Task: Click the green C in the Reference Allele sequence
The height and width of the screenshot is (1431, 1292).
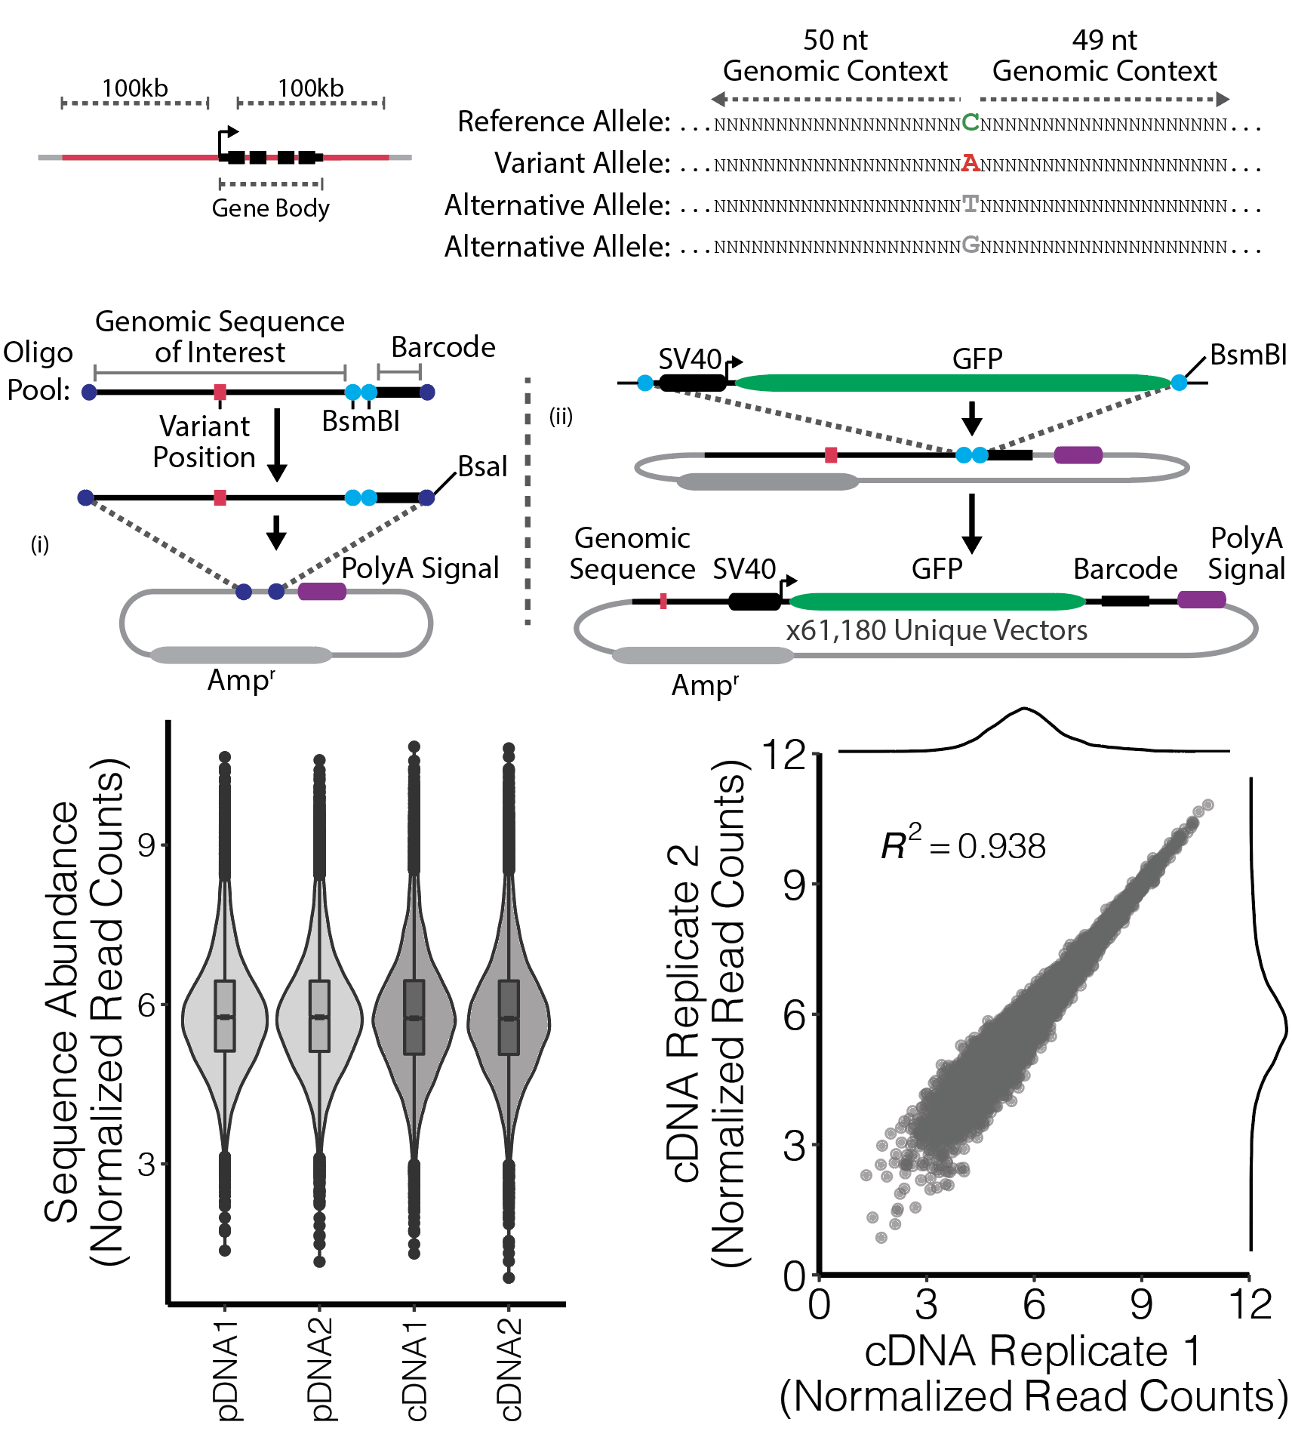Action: pos(971,122)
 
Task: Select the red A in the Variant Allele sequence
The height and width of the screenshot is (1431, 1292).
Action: pos(971,163)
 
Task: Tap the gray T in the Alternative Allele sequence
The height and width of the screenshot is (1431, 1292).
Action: pos(971,204)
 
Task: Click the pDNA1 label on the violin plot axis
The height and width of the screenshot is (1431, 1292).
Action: pos(226,1370)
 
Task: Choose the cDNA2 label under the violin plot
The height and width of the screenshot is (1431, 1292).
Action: pos(509,1370)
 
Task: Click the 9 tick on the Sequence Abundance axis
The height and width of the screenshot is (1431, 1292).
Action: pos(146,845)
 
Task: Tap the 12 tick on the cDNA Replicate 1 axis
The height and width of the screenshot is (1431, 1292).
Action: pos(1250,1303)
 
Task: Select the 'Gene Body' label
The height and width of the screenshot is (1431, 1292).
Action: pos(271,208)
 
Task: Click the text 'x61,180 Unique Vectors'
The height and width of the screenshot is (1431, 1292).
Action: pos(937,629)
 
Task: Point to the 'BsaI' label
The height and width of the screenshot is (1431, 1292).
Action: pos(483,466)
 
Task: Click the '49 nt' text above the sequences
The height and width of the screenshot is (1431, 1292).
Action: pos(1104,39)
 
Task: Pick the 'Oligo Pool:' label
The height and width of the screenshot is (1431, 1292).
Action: pos(38,371)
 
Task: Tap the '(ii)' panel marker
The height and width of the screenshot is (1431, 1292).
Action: pos(561,416)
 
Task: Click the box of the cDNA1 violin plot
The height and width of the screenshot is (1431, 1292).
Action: pos(414,1017)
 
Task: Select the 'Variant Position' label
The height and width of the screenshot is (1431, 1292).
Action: pos(205,442)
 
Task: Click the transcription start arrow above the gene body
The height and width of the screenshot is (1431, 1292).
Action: pos(227,141)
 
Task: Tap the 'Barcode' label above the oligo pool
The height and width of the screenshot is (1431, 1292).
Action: pos(443,346)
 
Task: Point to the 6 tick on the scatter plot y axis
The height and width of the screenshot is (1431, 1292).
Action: pos(795,1014)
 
